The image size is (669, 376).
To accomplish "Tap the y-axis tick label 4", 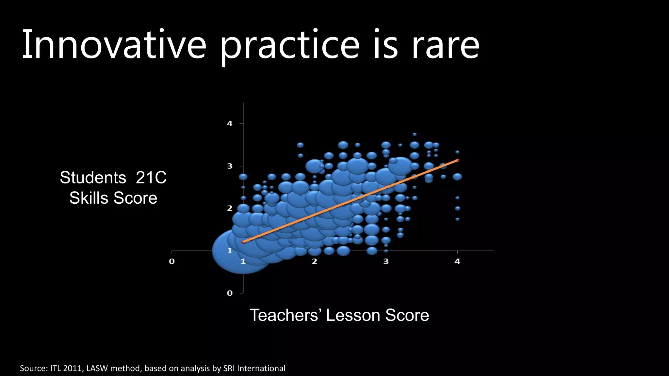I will point(230,124).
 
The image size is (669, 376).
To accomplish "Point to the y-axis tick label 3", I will point(230,166).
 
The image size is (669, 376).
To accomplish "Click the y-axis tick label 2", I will point(230,208).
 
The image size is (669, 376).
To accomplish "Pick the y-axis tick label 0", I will point(230,293).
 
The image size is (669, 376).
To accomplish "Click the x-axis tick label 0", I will point(172,261).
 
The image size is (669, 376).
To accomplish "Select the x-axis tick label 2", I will point(314,261).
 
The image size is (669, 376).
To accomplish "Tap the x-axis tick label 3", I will point(386,261).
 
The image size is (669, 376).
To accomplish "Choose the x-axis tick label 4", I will point(457,261).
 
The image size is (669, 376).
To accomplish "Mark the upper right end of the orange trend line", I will point(458,160).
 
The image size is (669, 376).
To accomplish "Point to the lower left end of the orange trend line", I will point(243,242).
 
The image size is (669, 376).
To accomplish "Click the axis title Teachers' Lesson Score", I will point(339,315).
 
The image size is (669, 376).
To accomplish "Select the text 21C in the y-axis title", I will point(151,178).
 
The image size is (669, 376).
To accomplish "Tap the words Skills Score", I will point(113,198).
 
